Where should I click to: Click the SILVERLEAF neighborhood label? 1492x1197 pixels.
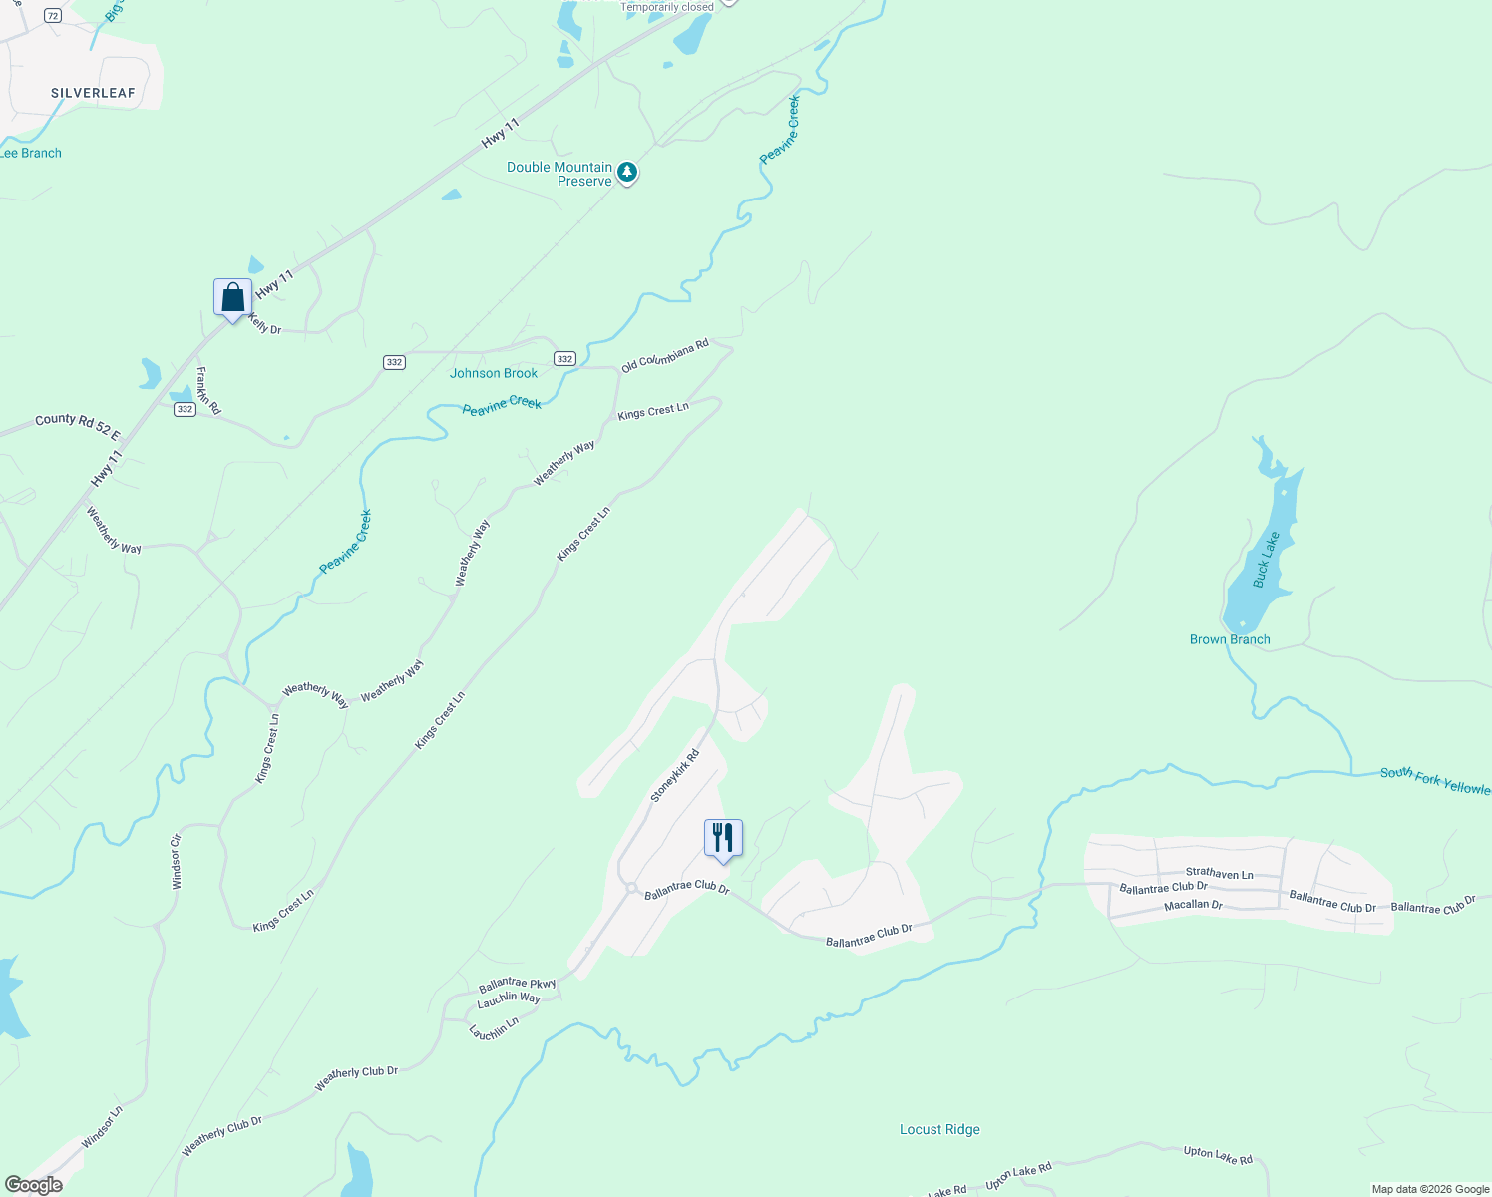[93, 93]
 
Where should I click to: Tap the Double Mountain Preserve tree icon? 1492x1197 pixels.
[626, 173]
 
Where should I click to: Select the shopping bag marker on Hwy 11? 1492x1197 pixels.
[232, 298]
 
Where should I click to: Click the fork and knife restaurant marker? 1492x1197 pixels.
[723, 838]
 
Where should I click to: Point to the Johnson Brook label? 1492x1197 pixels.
[494, 373]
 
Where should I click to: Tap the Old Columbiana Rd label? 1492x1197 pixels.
[664, 356]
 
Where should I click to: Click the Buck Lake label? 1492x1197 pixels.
[1266, 560]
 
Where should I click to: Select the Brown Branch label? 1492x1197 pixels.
[1230, 639]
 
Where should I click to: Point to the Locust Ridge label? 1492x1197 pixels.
[939, 1129]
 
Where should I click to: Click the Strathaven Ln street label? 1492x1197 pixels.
[1219, 874]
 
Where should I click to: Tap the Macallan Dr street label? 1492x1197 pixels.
[1193, 905]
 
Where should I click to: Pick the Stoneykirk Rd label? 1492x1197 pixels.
[675, 775]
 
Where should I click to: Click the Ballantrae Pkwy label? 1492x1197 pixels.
[517, 985]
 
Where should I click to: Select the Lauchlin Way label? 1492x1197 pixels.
[509, 998]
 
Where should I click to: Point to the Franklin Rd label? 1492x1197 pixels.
[208, 391]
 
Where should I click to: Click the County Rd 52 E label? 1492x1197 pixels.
[78, 427]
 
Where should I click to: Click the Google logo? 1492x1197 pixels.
[33, 1185]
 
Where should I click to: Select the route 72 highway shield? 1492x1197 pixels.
[52, 16]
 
